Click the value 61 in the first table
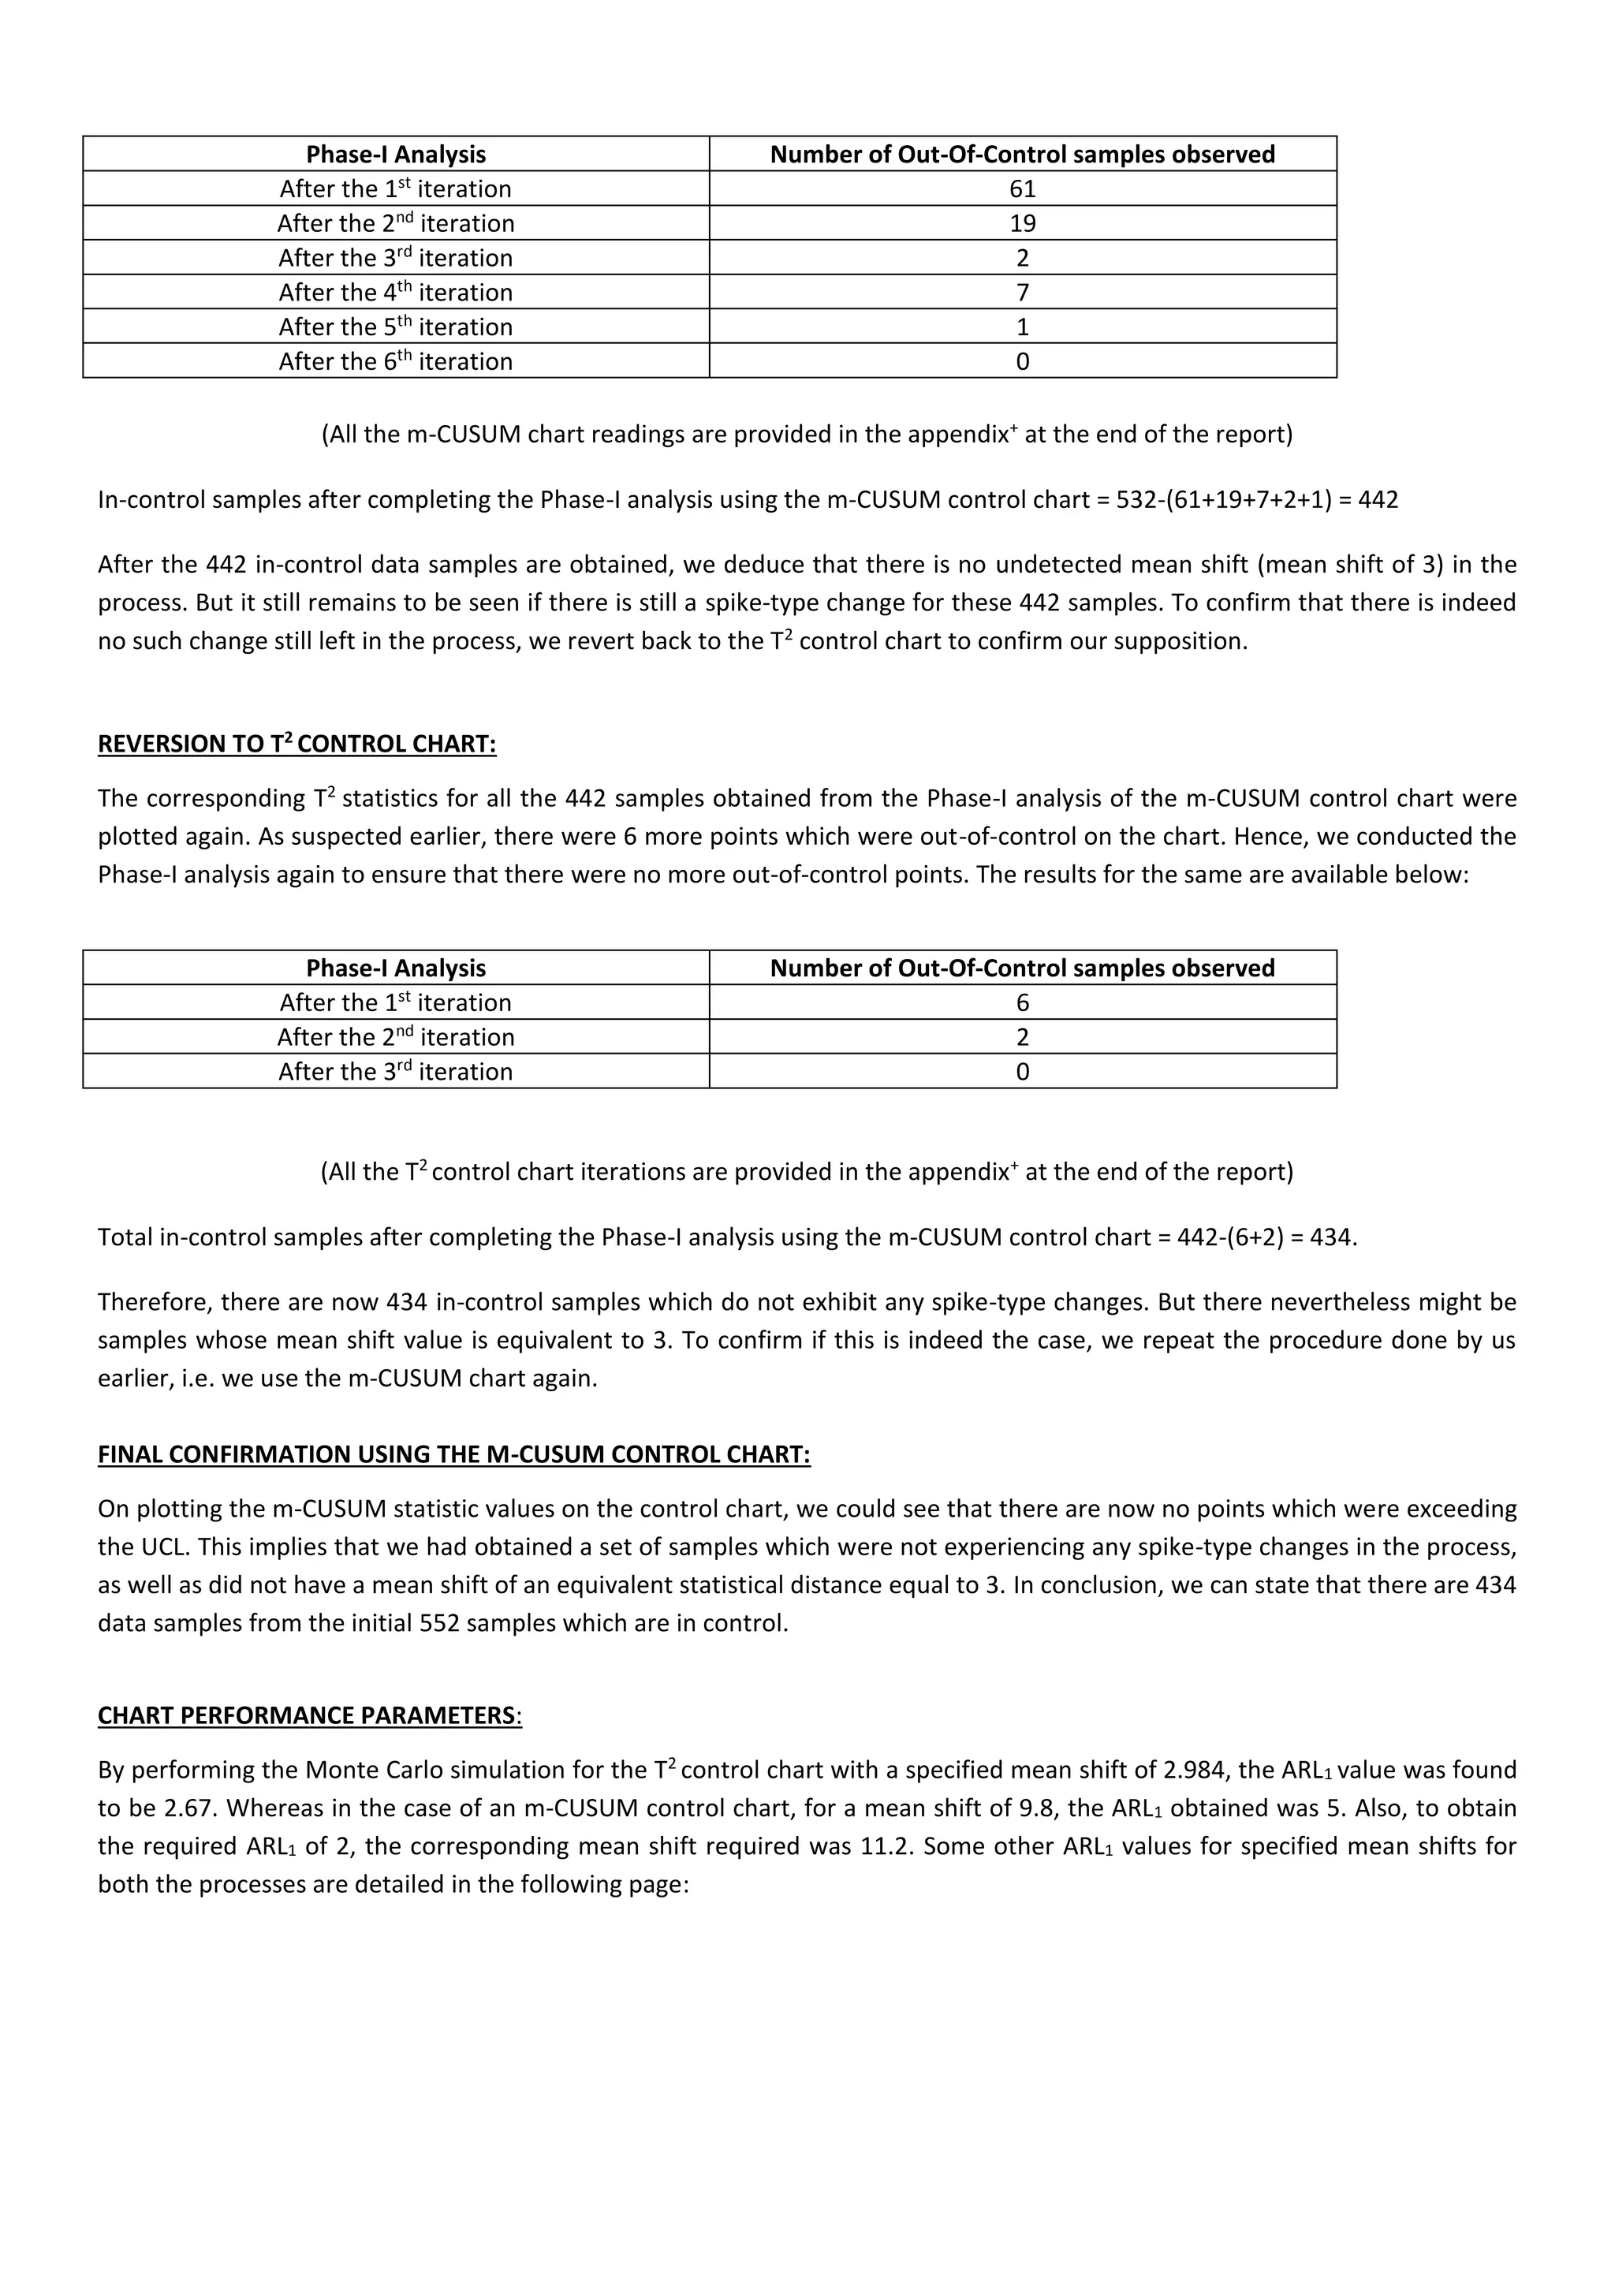1022,189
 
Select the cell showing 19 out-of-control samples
1022,223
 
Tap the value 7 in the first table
1022,293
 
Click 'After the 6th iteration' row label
396,361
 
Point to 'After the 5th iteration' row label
396,327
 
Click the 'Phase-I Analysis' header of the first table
396,155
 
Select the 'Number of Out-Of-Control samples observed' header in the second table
1022,968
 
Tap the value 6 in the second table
1022,1002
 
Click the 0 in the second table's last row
1022,1071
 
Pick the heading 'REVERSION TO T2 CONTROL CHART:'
297,744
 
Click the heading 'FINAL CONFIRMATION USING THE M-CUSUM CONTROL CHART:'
453,1454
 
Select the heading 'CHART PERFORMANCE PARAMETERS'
306,1716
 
